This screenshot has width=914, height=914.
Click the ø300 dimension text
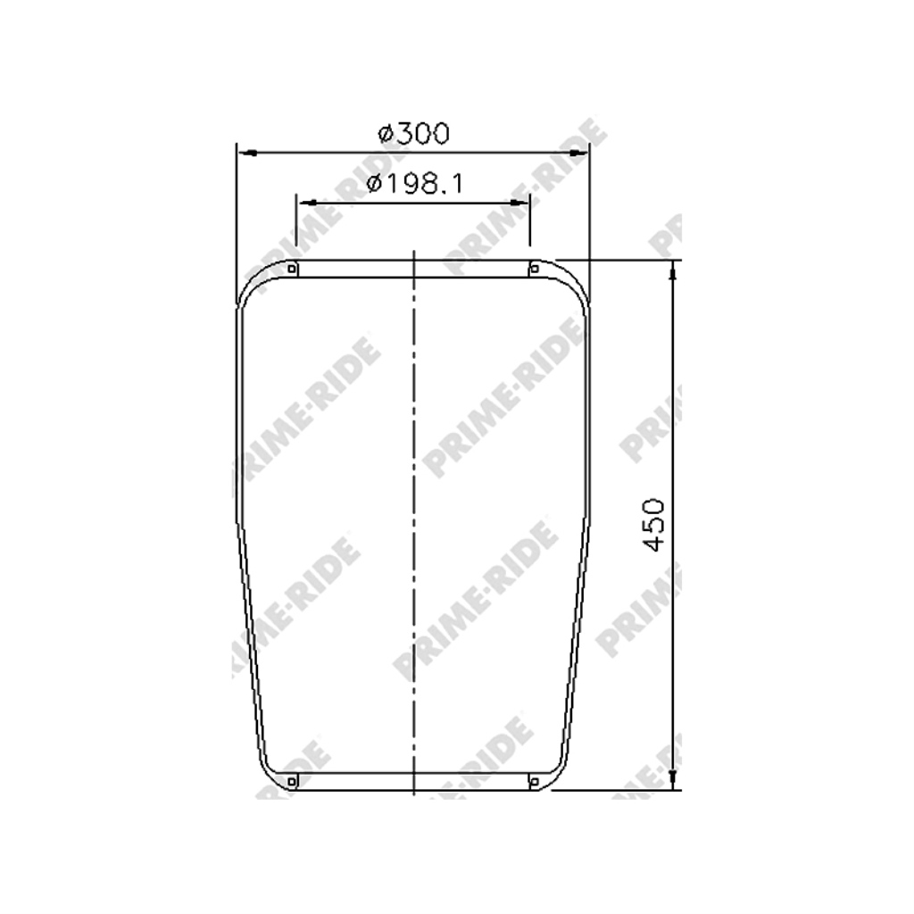tap(414, 134)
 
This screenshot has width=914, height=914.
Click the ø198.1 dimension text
tap(414, 184)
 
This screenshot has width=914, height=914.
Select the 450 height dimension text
tap(653, 525)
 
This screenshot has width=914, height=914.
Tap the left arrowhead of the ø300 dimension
tap(248, 154)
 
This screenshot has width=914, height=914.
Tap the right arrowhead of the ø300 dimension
tap(578, 154)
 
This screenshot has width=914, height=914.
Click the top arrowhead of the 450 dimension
tap(673, 270)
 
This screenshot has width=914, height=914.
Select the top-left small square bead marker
tap(292, 269)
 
